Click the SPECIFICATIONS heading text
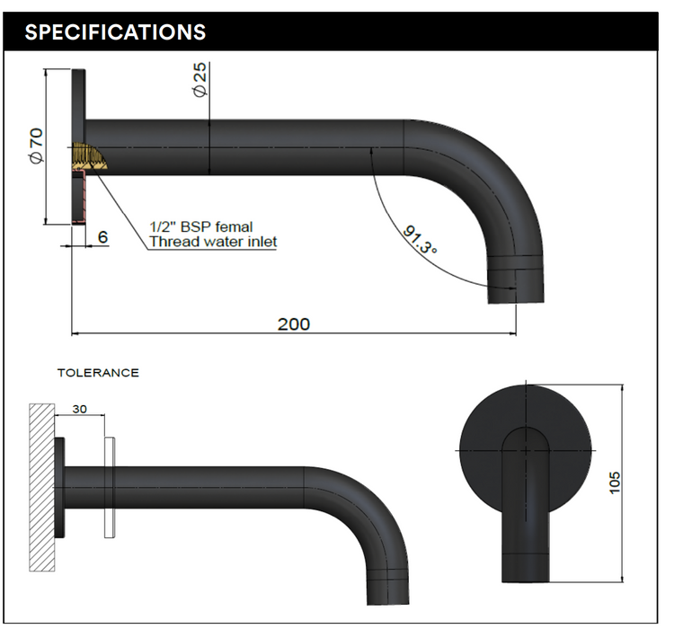[115, 32]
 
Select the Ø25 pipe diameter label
[200, 81]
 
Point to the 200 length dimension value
[293, 323]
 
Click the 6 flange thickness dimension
[102, 237]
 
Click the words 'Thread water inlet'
[212, 242]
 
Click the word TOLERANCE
[98, 372]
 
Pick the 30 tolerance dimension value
[79, 409]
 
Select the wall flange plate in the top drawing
[78, 147]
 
